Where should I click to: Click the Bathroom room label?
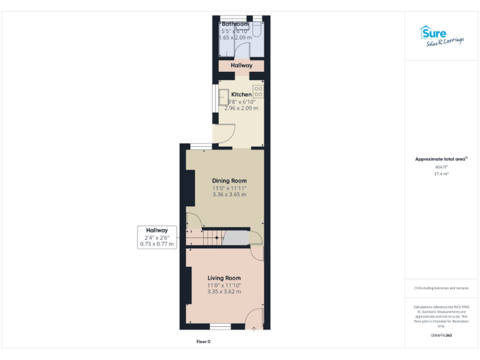click(x=235, y=24)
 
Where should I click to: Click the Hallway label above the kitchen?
click(x=241, y=66)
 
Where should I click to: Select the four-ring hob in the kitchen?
click(x=258, y=91)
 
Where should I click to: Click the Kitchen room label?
click(x=241, y=94)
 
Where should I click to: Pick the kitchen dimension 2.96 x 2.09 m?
click(x=241, y=108)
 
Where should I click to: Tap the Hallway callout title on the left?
click(x=157, y=231)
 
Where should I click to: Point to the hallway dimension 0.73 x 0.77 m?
click(x=157, y=244)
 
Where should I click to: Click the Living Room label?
click(x=224, y=278)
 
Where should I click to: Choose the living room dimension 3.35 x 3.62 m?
click(x=224, y=292)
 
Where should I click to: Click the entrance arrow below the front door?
click(x=254, y=329)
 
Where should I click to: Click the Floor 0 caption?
click(x=203, y=342)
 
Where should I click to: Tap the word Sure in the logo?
click(x=436, y=32)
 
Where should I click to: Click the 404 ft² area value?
click(x=442, y=167)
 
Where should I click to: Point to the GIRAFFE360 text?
click(x=441, y=336)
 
